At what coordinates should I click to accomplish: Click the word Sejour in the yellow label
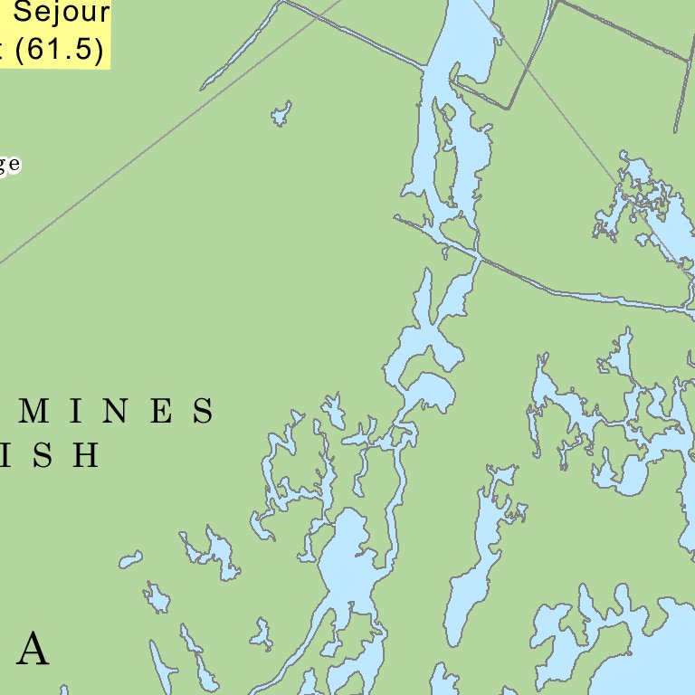tap(63, 13)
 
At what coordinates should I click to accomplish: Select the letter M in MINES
tap(34, 412)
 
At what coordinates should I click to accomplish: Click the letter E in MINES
tap(161, 412)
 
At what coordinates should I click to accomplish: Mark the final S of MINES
tap(204, 412)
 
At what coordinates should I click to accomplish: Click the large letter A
tap(33, 649)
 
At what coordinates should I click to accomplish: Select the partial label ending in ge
tap(9, 164)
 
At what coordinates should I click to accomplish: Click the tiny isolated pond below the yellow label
tap(281, 114)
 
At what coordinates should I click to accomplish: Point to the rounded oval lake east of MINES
tap(433, 392)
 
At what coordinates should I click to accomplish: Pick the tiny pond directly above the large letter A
tap(157, 597)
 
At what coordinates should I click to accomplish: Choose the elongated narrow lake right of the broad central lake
tap(475, 561)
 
